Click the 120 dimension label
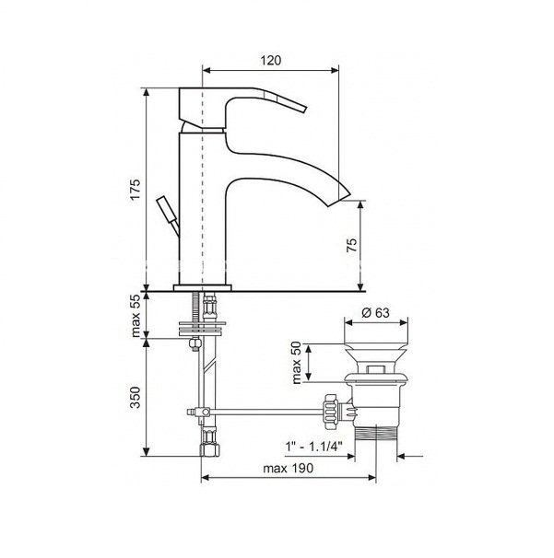point(271,61)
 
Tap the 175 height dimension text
point(135,190)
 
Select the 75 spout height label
point(351,245)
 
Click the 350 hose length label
point(135,397)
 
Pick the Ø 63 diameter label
point(375,313)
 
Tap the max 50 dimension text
point(297,363)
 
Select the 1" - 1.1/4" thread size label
point(314,446)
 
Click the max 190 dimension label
point(288,469)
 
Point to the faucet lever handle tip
point(304,109)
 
